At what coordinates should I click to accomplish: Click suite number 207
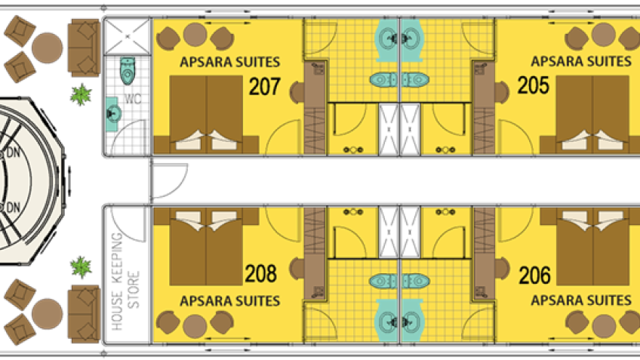(264, 86)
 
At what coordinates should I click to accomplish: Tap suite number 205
(533, 85)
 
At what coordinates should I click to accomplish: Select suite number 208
(261, 273)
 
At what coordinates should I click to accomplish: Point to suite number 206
(534, 275)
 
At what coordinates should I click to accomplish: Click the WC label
(133, 99)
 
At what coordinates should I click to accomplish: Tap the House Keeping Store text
(125, 282)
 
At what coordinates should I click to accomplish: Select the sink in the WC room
(113, 114)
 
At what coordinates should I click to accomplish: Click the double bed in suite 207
(206, 114)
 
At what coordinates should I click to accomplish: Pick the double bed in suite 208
(206, 247)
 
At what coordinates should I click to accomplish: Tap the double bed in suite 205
(592, 114)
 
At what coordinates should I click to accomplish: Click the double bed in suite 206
(592, 247)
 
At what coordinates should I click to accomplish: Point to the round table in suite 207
(195, 35)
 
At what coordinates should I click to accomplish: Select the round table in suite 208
(195, 327)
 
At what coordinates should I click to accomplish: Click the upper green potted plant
(81, 94)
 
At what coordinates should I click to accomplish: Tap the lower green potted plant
(81, 267)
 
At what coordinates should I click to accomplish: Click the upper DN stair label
(13, 152)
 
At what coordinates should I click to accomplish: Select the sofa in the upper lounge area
(84, 48)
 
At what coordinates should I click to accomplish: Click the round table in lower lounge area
(48, 314)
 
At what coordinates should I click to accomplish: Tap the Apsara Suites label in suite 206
(581, 301)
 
